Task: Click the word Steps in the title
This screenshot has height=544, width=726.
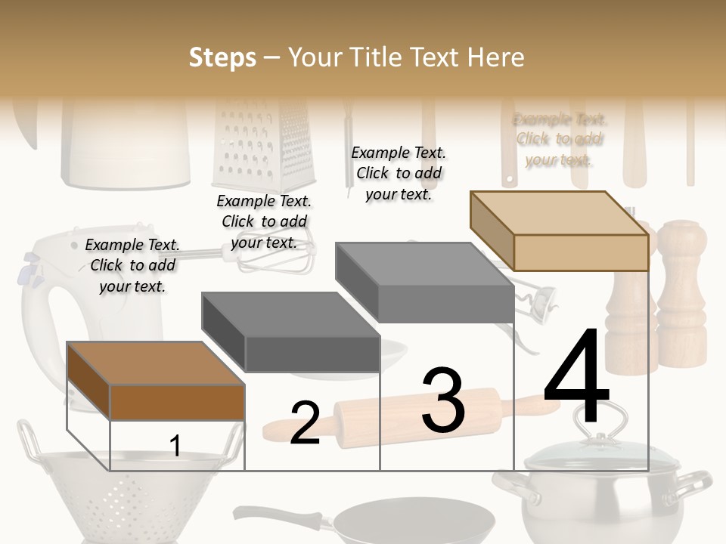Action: point(222,57)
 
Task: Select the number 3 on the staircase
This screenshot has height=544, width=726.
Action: point(443,400)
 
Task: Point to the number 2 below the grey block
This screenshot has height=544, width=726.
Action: point(305,423)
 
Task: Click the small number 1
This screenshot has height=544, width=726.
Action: point(175,446)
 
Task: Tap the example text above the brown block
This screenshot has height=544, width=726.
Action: point(132,265)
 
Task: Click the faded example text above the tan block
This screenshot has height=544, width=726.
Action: point(560,139)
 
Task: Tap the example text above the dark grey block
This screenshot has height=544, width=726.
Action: point(264,221)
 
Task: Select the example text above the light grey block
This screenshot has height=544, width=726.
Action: point(399,173)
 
